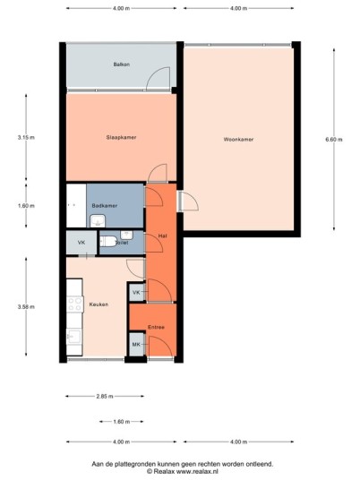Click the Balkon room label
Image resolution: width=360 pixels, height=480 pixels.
122,64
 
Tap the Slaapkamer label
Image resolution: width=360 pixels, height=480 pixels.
121,137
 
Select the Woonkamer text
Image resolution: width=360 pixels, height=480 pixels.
238,140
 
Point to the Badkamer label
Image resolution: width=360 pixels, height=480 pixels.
105,206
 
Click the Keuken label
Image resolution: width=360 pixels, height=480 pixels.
99,304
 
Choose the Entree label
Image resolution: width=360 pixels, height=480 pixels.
156,327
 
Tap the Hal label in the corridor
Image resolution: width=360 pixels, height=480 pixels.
163,236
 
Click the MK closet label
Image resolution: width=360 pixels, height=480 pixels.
136,345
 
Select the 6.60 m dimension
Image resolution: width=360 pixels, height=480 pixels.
334,140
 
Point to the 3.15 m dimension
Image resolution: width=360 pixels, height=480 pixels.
26,137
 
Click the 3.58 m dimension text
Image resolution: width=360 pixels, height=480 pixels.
26,307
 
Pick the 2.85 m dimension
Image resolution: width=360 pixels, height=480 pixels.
105,396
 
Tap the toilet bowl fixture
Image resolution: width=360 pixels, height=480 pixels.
108,242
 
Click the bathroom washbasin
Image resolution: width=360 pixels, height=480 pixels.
98,221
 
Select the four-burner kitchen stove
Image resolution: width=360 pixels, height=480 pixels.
75,304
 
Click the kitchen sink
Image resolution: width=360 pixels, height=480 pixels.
73,337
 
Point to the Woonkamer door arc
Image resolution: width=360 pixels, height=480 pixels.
193,199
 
